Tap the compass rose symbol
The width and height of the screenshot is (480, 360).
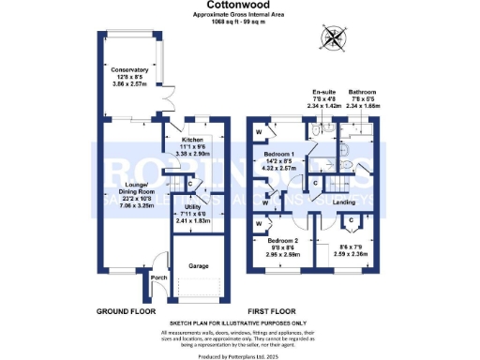click(x=332, y=38)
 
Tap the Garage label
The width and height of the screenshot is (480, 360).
click(x=197, y=265)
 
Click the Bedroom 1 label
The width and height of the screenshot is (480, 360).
click(x=282, y=154)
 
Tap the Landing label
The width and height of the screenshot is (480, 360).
click(x=343, y=202)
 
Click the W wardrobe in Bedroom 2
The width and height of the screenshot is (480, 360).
click(x=259, y=226)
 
